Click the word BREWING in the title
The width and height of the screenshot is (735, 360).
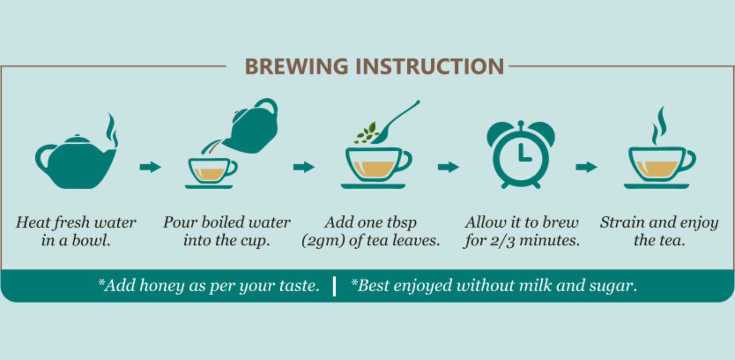pos(296,66)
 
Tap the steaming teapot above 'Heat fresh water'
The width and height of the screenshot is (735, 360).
pos(76,162)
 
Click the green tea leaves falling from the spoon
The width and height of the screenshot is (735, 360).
pos(366,133)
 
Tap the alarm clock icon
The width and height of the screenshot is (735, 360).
pos(521,154)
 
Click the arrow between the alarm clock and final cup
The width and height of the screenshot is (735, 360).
pos(586,167)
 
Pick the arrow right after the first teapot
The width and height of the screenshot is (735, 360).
pos(150,167)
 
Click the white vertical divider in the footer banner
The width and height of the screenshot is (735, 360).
pos(334,286)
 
